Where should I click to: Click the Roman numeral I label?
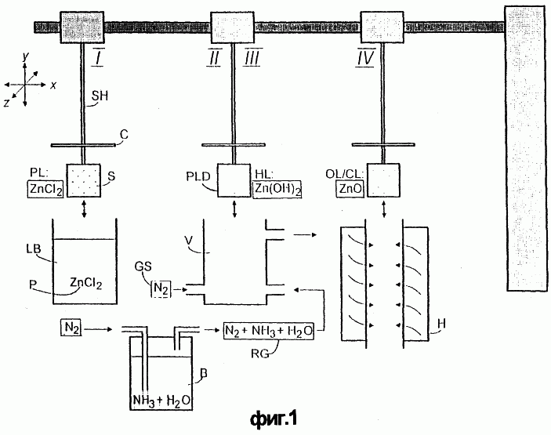tap(98, 56)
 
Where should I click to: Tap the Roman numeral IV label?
tap(365, 56)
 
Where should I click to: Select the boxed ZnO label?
tap(350, 189)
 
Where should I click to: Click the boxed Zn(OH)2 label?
tap(277, 189)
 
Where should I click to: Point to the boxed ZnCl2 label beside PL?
tap(45, 189)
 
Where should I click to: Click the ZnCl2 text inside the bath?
tap(86, 283)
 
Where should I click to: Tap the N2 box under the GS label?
tap(161, 289)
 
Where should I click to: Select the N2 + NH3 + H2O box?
tap(269, 331)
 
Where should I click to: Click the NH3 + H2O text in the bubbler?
tap(161, 401)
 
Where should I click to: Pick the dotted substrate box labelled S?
tap(84, 180)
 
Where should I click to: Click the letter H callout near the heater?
tap(441, 323)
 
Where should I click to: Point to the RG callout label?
tap(260, 353)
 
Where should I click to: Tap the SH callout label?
tap(100, 96)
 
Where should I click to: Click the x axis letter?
tap(53, 85)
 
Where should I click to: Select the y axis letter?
tap(25, 56)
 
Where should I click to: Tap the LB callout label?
tap(34, 248)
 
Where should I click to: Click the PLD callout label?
tap(198, 176)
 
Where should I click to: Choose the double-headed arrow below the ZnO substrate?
tap(384, 209)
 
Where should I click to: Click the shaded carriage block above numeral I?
tap(82, 27)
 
